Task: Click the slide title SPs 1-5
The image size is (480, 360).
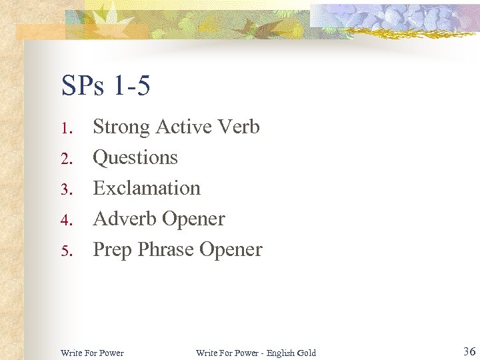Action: (x=105, y=85)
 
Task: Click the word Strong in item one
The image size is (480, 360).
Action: (x=121, y=127)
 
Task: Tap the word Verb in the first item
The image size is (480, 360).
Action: (x=238, y=127)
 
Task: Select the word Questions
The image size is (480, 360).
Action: (x=135, y=158)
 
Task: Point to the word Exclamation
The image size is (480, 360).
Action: (x=147, y=188)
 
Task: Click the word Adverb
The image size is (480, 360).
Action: (x=124, y=219)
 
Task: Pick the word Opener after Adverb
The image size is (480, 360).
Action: (x=193, y=219)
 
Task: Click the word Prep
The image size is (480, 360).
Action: (x=112, y=250)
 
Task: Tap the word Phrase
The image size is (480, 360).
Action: (x=165, y=249)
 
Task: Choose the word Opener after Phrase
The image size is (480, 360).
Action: (x=231, y=250)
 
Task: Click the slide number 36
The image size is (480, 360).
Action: (x=469, y=351)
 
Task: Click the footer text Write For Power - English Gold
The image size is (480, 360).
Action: (x=256, y=353)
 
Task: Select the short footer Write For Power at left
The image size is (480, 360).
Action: (x=92, y=353)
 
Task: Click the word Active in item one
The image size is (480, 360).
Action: (x=182, y=127)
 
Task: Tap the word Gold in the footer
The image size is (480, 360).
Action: (x=307, y=353)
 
